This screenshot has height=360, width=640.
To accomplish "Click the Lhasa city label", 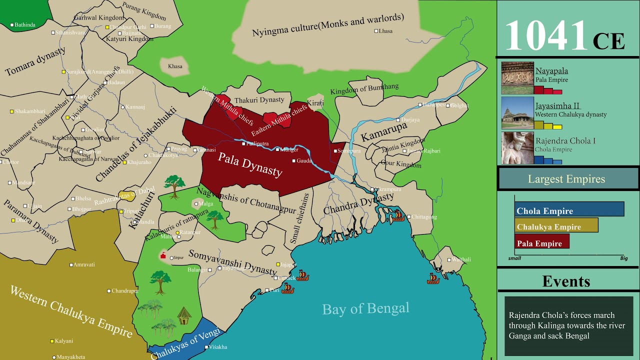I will (385, 31).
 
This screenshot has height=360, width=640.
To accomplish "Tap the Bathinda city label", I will (24, 24).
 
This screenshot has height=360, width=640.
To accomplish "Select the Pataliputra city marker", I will (243, 143).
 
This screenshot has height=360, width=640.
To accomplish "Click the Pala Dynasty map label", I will (250, 164).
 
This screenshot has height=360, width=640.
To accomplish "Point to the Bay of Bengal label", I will (365, 308).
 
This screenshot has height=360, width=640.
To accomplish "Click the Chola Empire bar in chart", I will (569, 209).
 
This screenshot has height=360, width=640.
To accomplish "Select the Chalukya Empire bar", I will (556, 225).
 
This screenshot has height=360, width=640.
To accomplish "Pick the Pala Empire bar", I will (541, 242).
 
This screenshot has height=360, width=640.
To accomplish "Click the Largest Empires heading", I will (566, 179).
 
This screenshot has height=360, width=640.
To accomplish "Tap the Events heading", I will (566, 281).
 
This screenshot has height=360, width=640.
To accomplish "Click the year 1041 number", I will (545, 36).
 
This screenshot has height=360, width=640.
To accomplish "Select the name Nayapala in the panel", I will (551, 71).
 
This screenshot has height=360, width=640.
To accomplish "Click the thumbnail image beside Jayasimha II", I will (517, 113).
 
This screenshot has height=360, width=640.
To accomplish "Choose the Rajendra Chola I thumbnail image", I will (517, 148).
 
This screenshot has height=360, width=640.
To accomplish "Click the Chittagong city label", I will (424, 217).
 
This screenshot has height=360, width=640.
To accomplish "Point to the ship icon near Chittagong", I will (398, 216).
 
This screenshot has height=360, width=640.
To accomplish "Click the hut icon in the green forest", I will (184, 315).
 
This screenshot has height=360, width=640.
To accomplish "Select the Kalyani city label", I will (63, 341).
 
